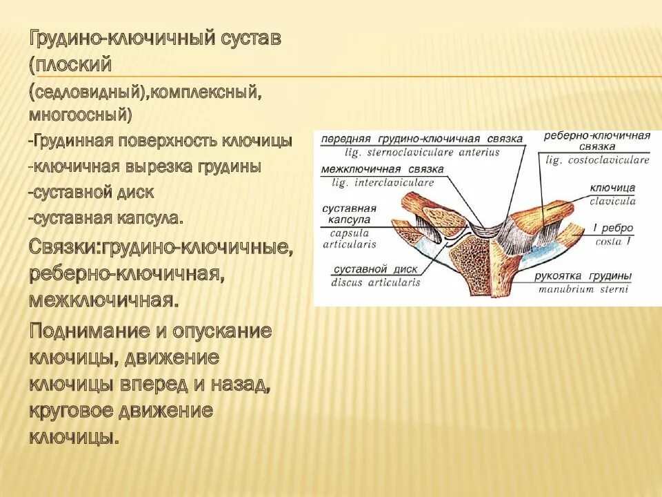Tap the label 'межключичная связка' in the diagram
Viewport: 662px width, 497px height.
click(382, 170)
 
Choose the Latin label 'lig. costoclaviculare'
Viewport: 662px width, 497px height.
click(597, 160)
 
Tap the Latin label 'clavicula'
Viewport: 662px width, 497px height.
click(612, 201)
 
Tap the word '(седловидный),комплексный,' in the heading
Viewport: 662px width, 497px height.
click(144, 91)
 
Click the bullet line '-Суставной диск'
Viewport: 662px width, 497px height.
click(91, 192)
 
